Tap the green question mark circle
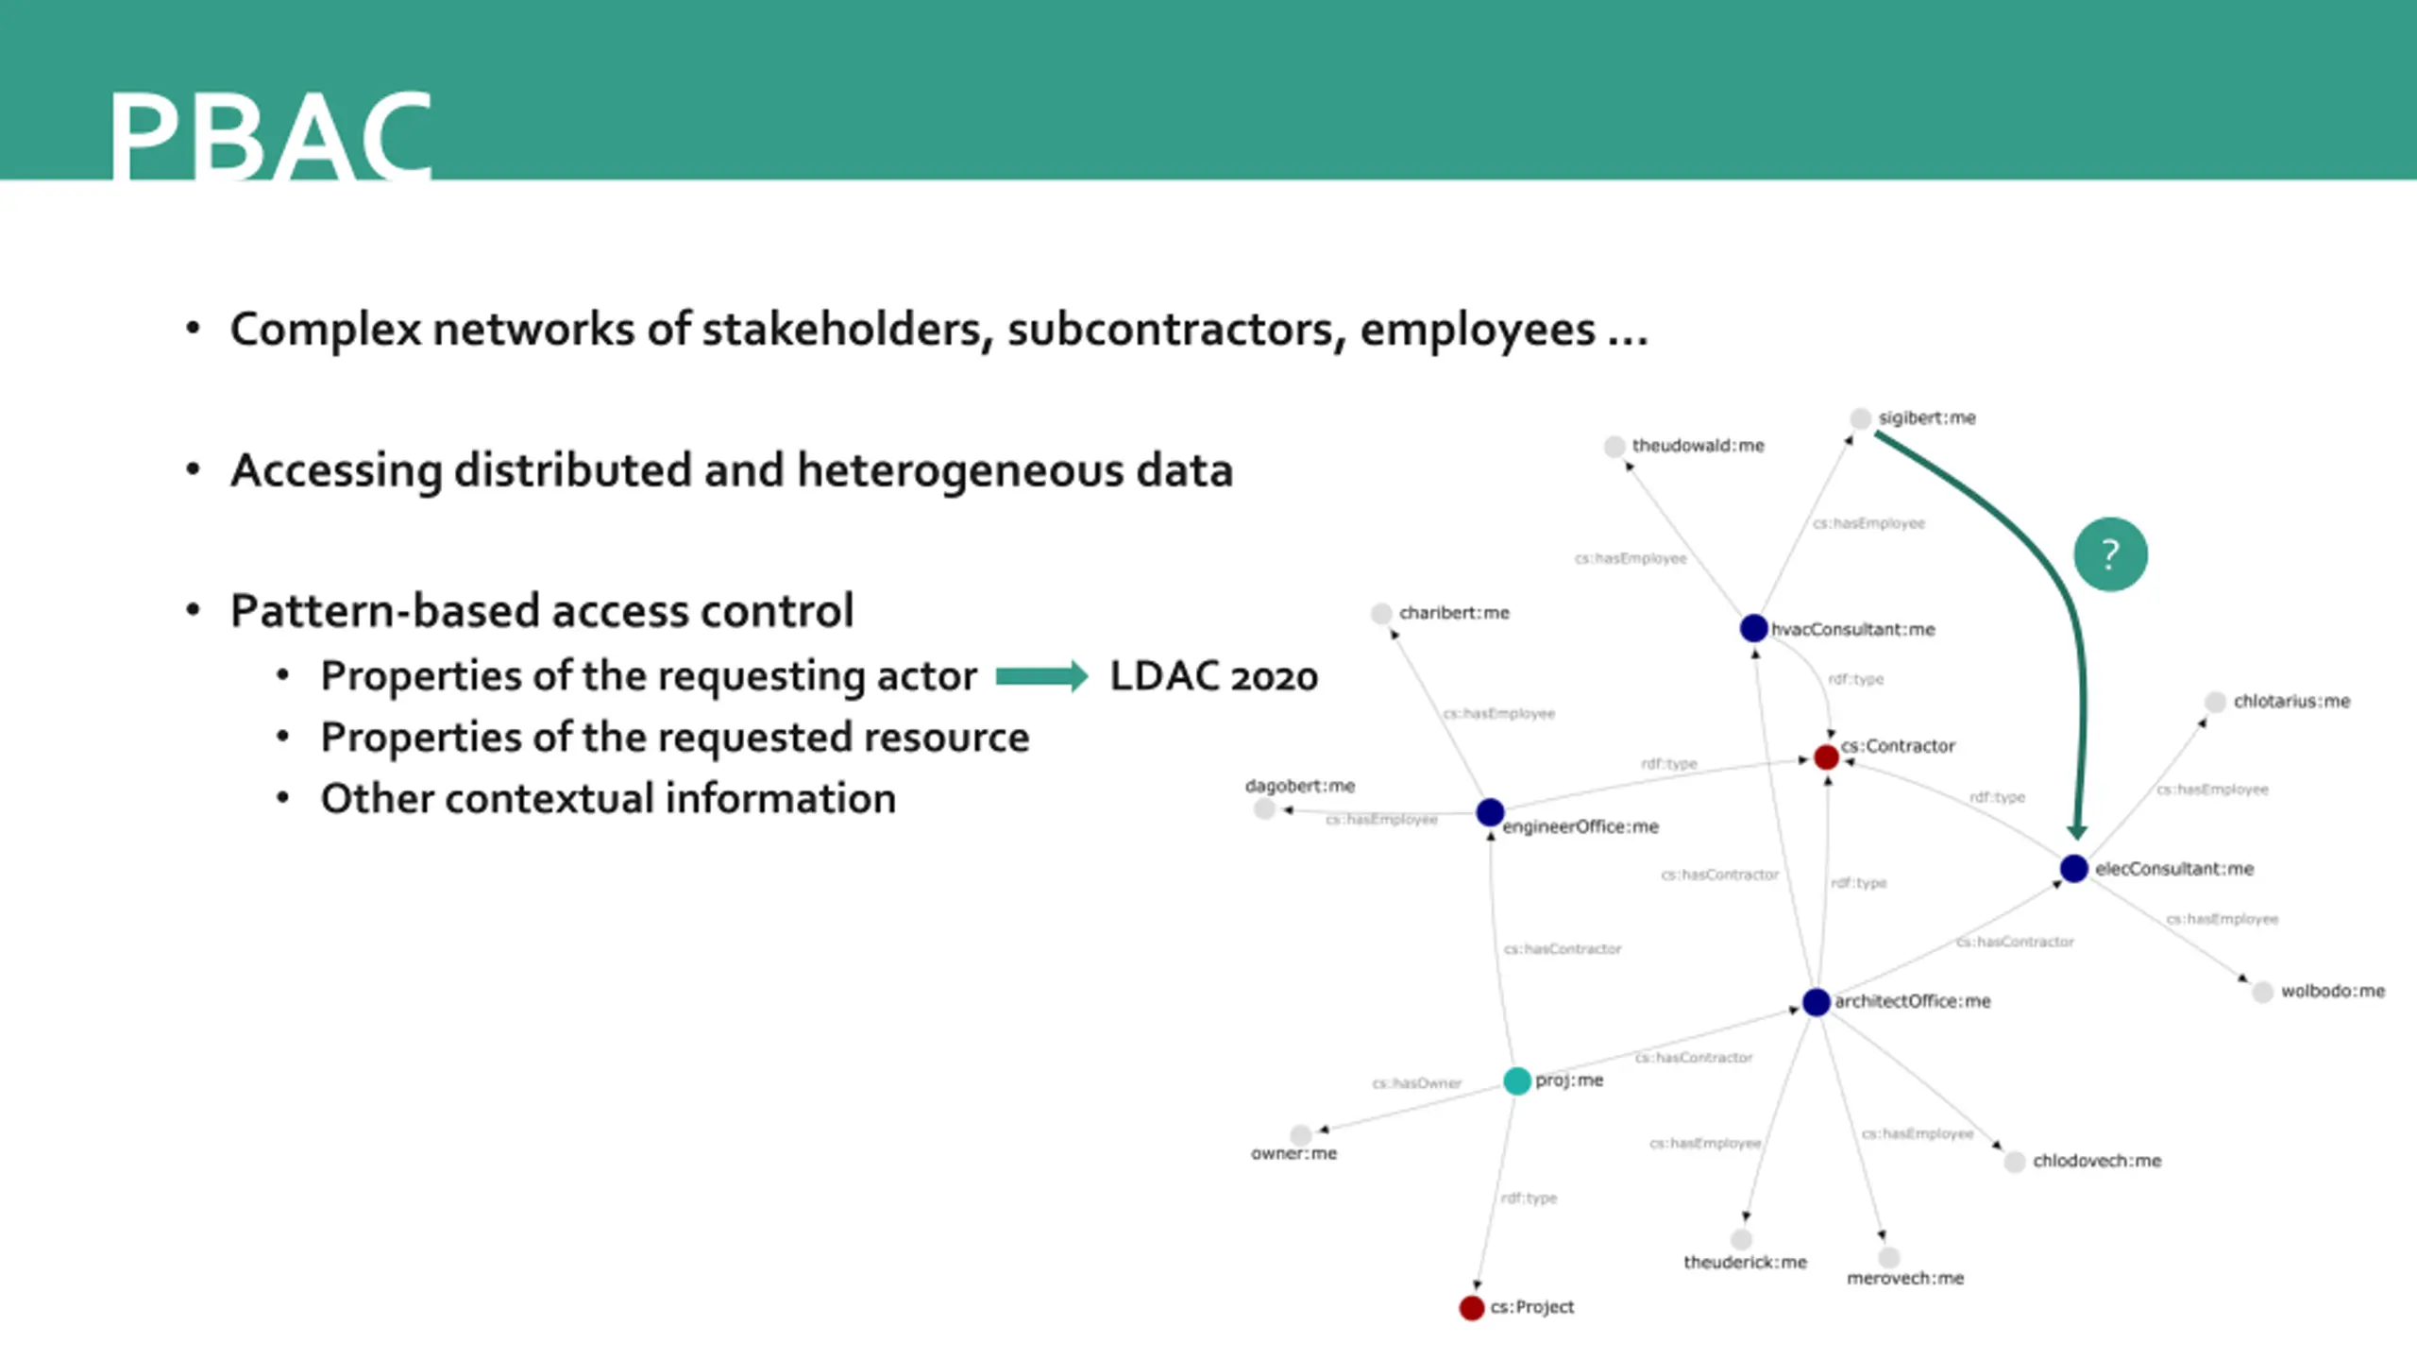point(2110,554)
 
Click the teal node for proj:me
point(1516,1080)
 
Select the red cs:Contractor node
point(1826,756)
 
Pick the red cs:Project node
point(1471,1307)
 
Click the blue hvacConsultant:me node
point(1753,628)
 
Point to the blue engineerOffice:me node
point(1490,811)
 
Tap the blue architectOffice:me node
point(1816,1002)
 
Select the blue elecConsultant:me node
point(2073,868)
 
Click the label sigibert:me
point(1926,417)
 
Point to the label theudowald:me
point(1698,446)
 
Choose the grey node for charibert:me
point(1381,614)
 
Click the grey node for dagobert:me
point(1264,808)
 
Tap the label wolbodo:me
point(2332,991)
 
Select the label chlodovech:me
point(2096,1161)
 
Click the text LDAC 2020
point(1213,676)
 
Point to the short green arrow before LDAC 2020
point(1041,676)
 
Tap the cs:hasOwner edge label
point(1416,1083)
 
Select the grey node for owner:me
point(1301,1134)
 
